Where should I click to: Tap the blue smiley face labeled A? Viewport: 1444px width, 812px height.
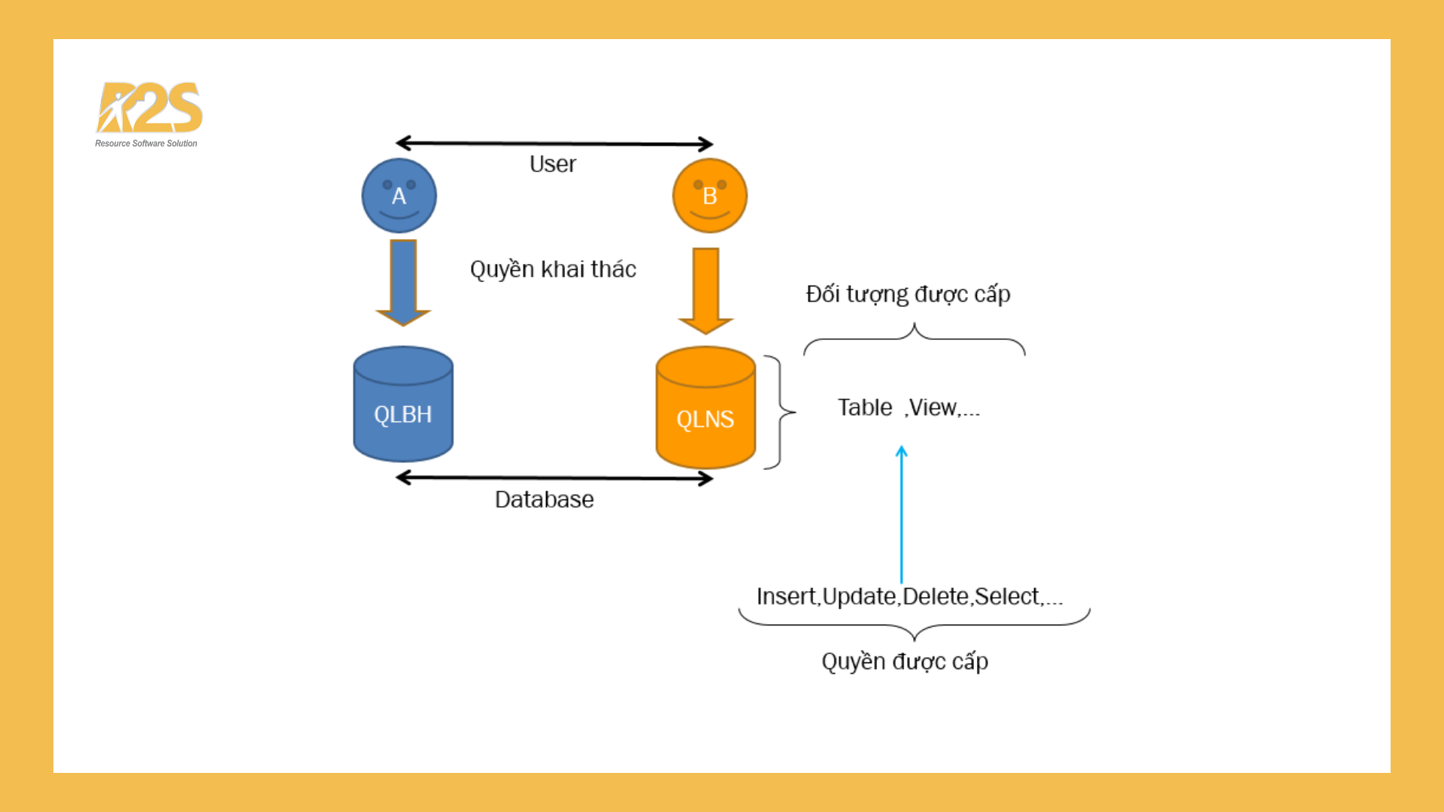399,195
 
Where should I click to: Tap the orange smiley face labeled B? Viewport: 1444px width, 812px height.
709,195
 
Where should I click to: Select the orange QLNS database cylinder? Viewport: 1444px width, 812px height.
705,408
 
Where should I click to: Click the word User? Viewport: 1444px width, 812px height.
553,164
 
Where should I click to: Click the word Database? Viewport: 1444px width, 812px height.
544,499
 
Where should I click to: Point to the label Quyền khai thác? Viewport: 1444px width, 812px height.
553,269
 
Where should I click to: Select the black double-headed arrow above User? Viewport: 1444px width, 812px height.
554,143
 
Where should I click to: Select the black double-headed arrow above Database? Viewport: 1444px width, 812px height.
554,478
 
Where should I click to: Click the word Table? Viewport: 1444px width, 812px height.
865,408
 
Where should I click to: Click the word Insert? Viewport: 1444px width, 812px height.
786,596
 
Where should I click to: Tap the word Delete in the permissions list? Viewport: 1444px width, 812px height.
935,596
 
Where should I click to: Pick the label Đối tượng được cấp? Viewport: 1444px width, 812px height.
908,294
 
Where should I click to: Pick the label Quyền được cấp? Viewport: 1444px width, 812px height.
905,662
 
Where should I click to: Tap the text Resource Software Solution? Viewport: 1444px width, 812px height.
146,144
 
